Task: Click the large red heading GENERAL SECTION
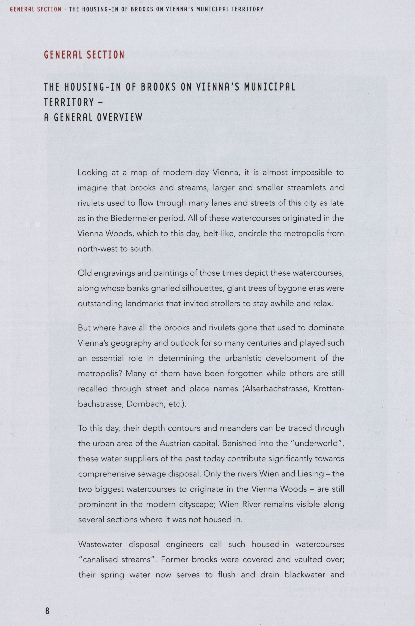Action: coord(84,55)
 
